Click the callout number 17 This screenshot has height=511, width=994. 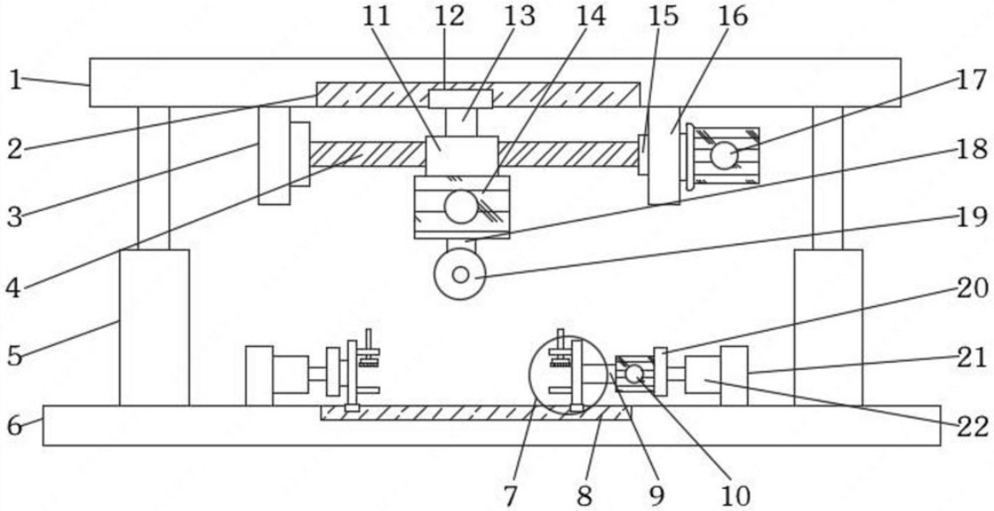pos(970,80)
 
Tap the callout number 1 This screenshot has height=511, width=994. pos(15,80)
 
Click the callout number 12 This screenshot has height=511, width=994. pos(449,15)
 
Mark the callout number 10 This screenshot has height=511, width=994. pos(735,494)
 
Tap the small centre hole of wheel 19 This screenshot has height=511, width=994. pos(460,274)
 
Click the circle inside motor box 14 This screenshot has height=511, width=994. pos(460,207)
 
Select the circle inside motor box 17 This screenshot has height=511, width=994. pos(724,156)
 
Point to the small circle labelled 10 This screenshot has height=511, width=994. pos(634,374)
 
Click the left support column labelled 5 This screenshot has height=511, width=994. pos(154,327)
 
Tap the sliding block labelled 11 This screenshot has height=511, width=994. pos(460,156)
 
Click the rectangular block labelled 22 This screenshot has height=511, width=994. pos(702,373)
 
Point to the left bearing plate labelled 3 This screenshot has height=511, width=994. pos(274,156)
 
